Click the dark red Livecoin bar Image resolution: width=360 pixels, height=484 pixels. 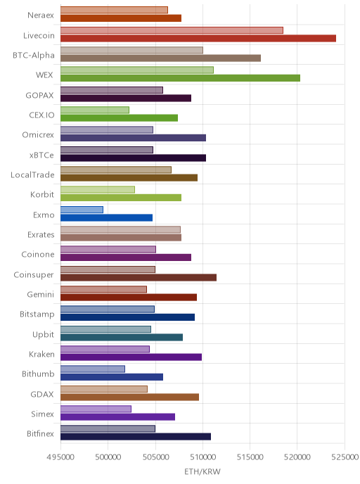[x=198, y=38]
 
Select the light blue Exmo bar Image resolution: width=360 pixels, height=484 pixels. [x=82, y=210]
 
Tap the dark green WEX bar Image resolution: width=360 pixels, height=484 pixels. [x=180, y=78]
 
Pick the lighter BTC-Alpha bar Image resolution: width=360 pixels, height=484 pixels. [x=131, y=50]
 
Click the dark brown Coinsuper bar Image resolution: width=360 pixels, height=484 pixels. [x=139, y=277]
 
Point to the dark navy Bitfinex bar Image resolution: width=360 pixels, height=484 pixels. [x=136, y=436]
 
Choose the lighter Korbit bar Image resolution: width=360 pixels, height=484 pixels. [x=98, y=189]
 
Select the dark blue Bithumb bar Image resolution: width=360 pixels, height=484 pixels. [x=112, y=377]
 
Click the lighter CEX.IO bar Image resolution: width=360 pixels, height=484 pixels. [x=95, y=110]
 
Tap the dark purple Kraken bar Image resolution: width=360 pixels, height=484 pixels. [x=131, y=357]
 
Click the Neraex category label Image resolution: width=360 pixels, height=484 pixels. [x=41, y=15]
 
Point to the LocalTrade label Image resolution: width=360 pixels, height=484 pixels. [x=32, y=174]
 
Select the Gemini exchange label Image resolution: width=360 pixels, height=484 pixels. [x=40, y=295]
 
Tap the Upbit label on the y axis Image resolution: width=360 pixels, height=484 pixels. [x=43, y=335]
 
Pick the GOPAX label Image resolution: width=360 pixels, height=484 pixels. [x=39, y=95]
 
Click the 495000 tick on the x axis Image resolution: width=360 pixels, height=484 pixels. [x=60, y=457]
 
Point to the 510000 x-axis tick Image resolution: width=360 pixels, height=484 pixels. [x=202, y=457]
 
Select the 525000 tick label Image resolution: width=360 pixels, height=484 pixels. [x=345, y=457]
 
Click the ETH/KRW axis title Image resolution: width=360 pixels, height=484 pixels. [x=202, y=471]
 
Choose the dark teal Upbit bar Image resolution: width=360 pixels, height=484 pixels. [x=122, y=337]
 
